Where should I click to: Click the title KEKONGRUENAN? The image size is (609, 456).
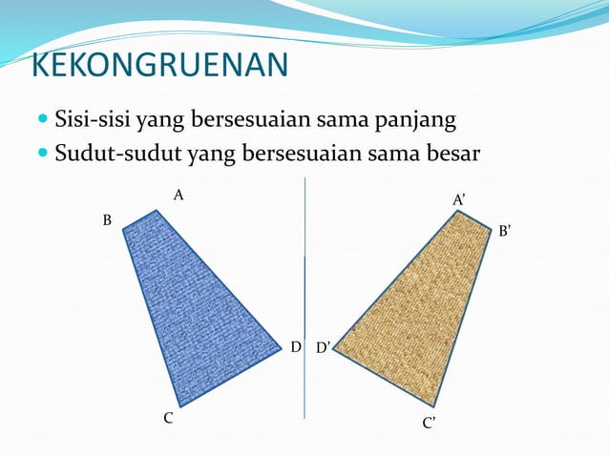(159, 65)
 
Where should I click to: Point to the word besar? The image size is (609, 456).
(448, 154)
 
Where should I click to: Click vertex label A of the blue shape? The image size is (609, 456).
(178, 195)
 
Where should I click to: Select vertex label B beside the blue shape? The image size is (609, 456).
(107, 220)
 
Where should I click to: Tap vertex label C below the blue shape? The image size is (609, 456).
(167, 418)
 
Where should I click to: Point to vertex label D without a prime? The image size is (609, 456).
(296, 347)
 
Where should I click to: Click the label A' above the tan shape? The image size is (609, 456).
(459, 198)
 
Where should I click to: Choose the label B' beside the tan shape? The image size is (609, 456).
(505, 230)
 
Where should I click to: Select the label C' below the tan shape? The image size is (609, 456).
(430, 423)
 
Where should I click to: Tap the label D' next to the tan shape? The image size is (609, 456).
(323, 348)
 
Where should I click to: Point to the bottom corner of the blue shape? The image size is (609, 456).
(179, 404)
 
